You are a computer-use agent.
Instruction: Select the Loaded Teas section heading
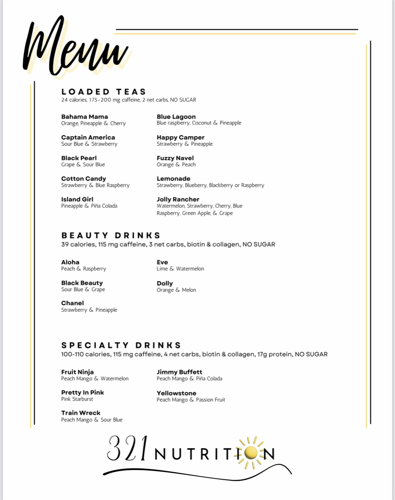click(x=104, y=92)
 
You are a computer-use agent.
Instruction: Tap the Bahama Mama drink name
click(x=84, y=117)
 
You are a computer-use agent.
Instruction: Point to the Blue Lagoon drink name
click(x=176, y=117)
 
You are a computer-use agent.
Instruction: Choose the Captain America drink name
click(x=88, y=137)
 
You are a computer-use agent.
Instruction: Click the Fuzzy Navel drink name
click(x=175, y=158)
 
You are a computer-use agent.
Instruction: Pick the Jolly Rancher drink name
click(x=178, y=199)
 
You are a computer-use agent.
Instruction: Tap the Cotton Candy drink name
click(x=83, y=178)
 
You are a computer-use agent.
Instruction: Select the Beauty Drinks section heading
click(x=111, y=235)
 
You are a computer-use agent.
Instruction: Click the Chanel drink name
click(x=72, y=303)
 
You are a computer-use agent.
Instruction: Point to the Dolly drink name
click(x=164, y=283)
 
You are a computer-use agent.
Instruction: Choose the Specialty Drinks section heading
click(x=121, y=345)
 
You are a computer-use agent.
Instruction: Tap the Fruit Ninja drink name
click(x=77, y=372)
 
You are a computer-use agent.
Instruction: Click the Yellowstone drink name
click(x=176, y=393)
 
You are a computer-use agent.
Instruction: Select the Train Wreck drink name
click(x=81, y=413)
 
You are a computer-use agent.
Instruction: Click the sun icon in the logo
click(x=250, y=453)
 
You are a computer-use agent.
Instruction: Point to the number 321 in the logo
click(x=128, y=449)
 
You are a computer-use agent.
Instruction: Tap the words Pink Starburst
click(x=77, y=399)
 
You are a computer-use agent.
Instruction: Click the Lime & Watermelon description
click(x=180, y=269)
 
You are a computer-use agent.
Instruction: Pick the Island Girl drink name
click(x=77, y=199)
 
